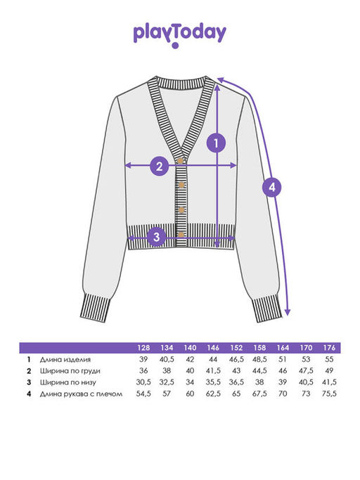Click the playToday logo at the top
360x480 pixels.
(180, 35)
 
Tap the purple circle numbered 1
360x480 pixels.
(217, 143)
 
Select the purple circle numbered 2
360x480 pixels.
(160, 167)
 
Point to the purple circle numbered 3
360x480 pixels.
(157, 237)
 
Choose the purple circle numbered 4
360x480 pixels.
(272, 187)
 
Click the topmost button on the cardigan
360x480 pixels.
(181, 160)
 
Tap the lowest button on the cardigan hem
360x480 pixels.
(181, 235)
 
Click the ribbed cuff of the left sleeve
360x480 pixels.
(96, 307)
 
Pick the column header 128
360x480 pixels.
(143, 348)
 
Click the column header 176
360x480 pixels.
(329, 348)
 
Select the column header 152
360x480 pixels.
(236, 348)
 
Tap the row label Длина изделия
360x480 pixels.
(65, 359)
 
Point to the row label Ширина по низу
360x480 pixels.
(68, 382)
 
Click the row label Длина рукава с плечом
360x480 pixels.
(81, 394)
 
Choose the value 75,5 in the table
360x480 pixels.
(329, 394)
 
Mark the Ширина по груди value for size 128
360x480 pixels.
(143, 370)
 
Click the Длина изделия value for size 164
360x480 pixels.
(283, 359)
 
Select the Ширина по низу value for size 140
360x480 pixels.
(190, 382)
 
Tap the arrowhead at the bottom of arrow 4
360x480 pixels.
(288, 312)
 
